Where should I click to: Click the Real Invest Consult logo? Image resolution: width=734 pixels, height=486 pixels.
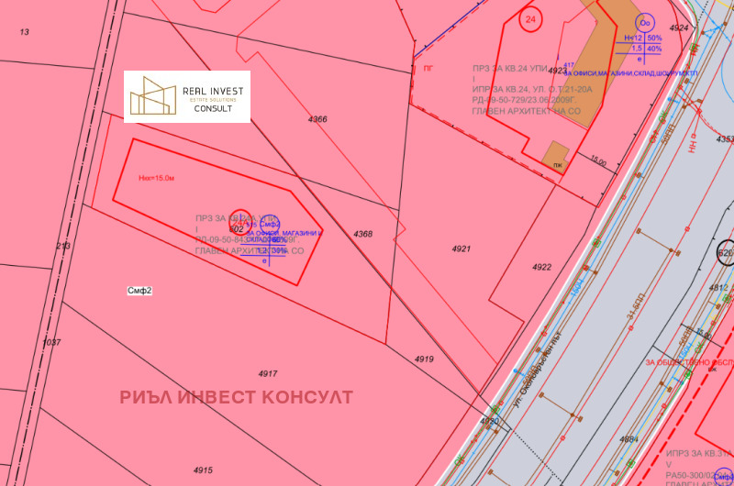click(187, 96)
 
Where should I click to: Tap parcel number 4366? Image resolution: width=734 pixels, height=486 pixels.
click(317, 119)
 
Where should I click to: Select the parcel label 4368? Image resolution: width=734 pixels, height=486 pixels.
click(363, 234)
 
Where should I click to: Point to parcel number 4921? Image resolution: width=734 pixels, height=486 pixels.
click(461, 249)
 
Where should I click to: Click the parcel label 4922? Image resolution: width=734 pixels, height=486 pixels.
click(541, 267)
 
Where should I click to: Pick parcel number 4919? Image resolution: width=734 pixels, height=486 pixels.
click(423, 359)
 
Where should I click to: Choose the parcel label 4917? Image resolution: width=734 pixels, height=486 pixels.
click(268, 373)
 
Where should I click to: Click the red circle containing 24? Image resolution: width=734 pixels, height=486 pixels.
click(530, 18)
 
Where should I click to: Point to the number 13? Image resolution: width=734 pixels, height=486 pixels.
click(25, 32)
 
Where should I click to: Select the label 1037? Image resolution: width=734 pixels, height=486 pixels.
click(51, 342)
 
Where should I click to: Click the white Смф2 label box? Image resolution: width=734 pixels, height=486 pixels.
click(139, 291)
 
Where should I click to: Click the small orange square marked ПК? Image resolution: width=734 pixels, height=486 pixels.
click(555, 158)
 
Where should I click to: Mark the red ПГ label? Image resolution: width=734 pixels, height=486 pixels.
click(428, 68)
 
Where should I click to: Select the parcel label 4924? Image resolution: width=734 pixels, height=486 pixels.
click(679, 28)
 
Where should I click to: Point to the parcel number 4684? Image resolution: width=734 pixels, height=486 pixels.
click(628, 439)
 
